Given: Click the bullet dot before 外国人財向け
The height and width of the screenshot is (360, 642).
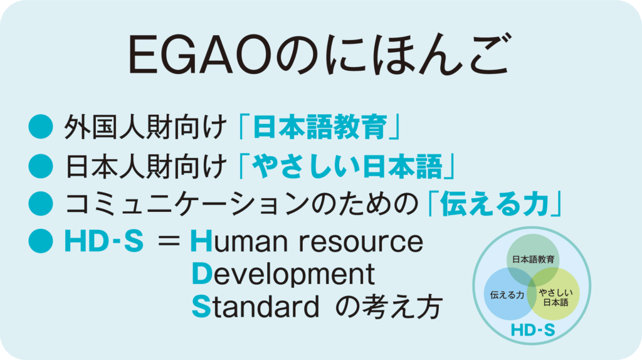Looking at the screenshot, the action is [41, 127].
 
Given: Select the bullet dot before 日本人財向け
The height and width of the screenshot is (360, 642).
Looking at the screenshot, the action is [41, 166].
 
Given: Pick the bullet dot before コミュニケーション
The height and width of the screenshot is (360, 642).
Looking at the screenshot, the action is [41, 204].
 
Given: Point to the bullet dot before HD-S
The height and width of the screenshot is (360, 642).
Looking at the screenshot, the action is [41, 241].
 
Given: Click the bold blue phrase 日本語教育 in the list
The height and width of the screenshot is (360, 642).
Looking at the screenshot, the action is [320, 127].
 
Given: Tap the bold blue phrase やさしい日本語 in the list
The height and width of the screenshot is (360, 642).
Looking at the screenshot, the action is [347, 166].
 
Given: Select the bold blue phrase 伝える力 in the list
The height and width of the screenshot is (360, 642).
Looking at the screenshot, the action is [495, 204].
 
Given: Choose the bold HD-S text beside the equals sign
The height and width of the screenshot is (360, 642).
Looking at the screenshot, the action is [104, 241].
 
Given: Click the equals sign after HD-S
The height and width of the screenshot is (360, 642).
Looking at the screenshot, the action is [169, 241].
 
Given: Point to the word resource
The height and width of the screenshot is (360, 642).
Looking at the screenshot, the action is [360, 241].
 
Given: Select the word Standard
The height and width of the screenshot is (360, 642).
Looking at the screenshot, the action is [256, 307].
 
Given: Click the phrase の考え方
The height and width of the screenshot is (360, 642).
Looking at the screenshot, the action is [389, 307].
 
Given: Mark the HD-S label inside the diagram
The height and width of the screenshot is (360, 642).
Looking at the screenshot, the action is [533, 330].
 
